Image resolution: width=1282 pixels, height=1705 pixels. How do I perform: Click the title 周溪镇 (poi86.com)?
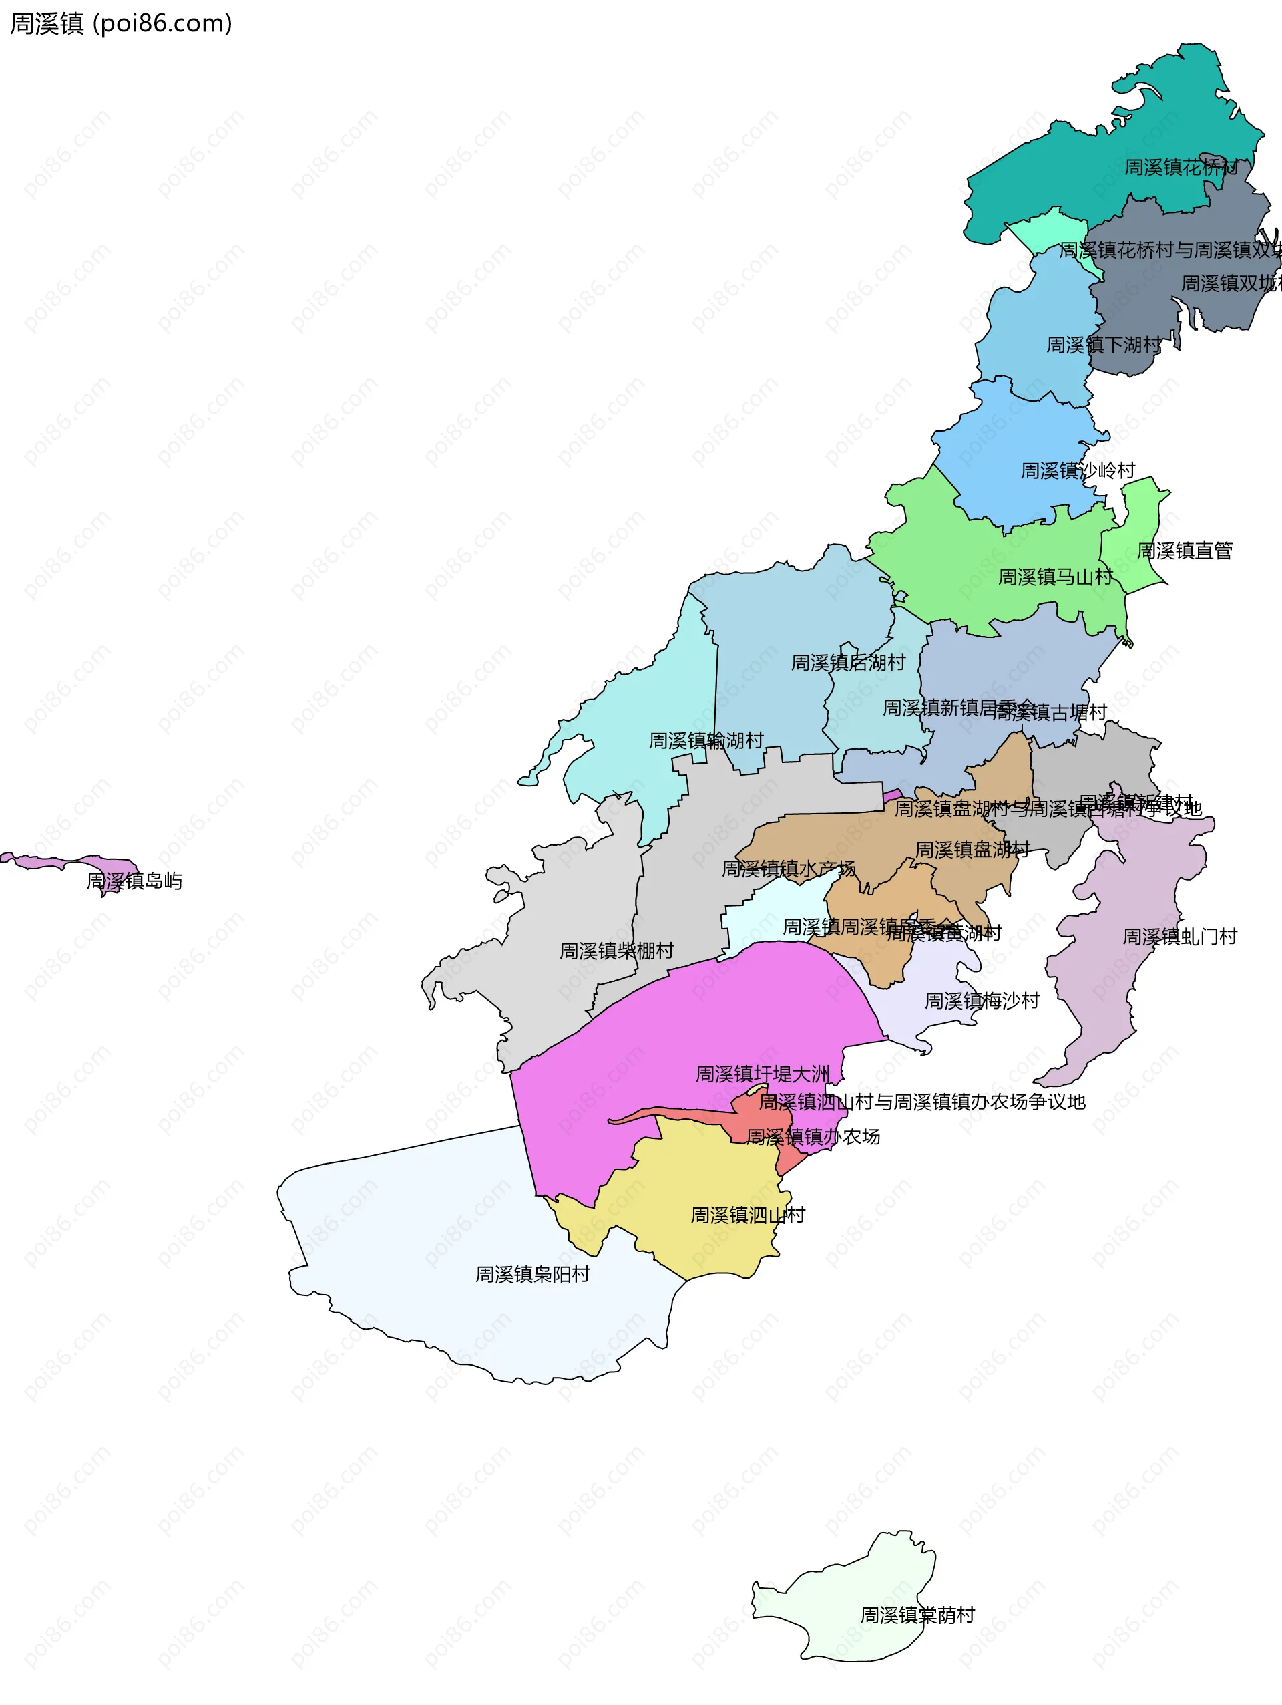click(x=120, y=24)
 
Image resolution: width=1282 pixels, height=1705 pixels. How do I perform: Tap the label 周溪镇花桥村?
click(x=1181, y=167)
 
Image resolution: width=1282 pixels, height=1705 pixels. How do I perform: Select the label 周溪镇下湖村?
click(x=1102, y=345)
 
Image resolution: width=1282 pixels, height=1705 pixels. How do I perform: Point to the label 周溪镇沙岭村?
click(x=1077, y=471)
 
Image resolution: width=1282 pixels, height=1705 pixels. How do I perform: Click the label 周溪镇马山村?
click(x=1055, y=577)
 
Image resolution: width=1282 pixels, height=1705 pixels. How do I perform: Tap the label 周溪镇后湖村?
click(x=847, y=663)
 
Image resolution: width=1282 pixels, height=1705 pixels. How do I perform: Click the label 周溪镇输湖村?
click(x=706, y=741)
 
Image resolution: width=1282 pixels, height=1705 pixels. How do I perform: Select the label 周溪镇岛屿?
click(x=134, y=881)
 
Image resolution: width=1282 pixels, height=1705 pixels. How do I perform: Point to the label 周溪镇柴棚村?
click(x=616, y=951)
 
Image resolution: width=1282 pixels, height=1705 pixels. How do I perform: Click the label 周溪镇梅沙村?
click(x=982, y=1001)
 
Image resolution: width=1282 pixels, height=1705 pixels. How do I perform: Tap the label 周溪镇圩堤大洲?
click(x=762, y=1074)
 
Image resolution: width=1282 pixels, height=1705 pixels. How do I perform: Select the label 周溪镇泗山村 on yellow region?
click(x=747, y=1215)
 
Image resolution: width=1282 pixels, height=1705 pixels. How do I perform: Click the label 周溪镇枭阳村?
click(x=531, y=1275)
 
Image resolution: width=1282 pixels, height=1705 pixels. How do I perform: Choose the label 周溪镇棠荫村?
click(x=917, y=1615)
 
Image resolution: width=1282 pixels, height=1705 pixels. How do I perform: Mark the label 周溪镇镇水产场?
click(x=787, y=869)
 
